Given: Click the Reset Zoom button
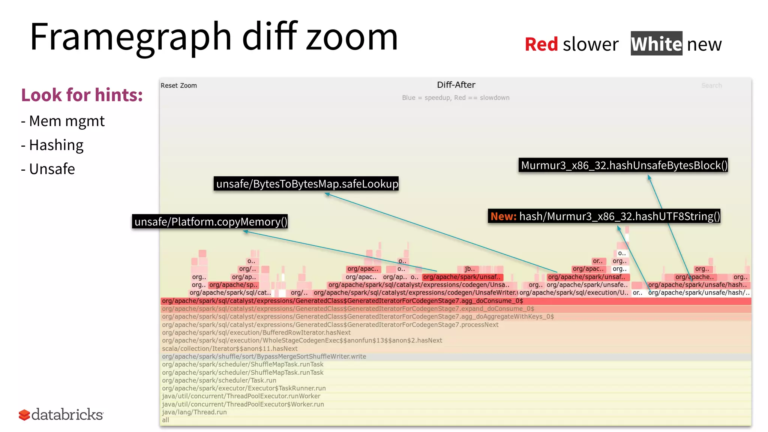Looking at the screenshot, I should [178, 85].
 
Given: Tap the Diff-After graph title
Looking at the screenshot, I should [456, 85].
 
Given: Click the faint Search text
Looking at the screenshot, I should [711, 85].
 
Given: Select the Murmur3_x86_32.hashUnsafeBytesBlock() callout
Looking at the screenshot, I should [623, 165].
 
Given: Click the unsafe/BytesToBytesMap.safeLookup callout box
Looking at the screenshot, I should [306, 184].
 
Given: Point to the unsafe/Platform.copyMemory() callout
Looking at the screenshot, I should [210, 222].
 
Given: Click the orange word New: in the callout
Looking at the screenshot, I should [503, 216].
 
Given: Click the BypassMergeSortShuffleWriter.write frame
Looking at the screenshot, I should [264, 357].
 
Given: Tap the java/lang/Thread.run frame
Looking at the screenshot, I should [194, 412].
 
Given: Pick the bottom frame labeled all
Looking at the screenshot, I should [165, 420].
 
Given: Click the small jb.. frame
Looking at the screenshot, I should [469, 269].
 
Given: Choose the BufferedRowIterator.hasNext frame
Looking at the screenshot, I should [256, 333].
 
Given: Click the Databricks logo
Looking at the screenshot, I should [61, 415].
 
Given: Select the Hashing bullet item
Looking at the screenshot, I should [56, 145].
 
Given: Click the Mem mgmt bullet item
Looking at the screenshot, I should [66, 121].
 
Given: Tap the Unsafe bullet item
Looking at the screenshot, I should [52, 169].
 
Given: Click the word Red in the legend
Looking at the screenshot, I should [541, 44].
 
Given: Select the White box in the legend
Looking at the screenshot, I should [656, 44].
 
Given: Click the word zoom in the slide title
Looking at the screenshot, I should [351, 37].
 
